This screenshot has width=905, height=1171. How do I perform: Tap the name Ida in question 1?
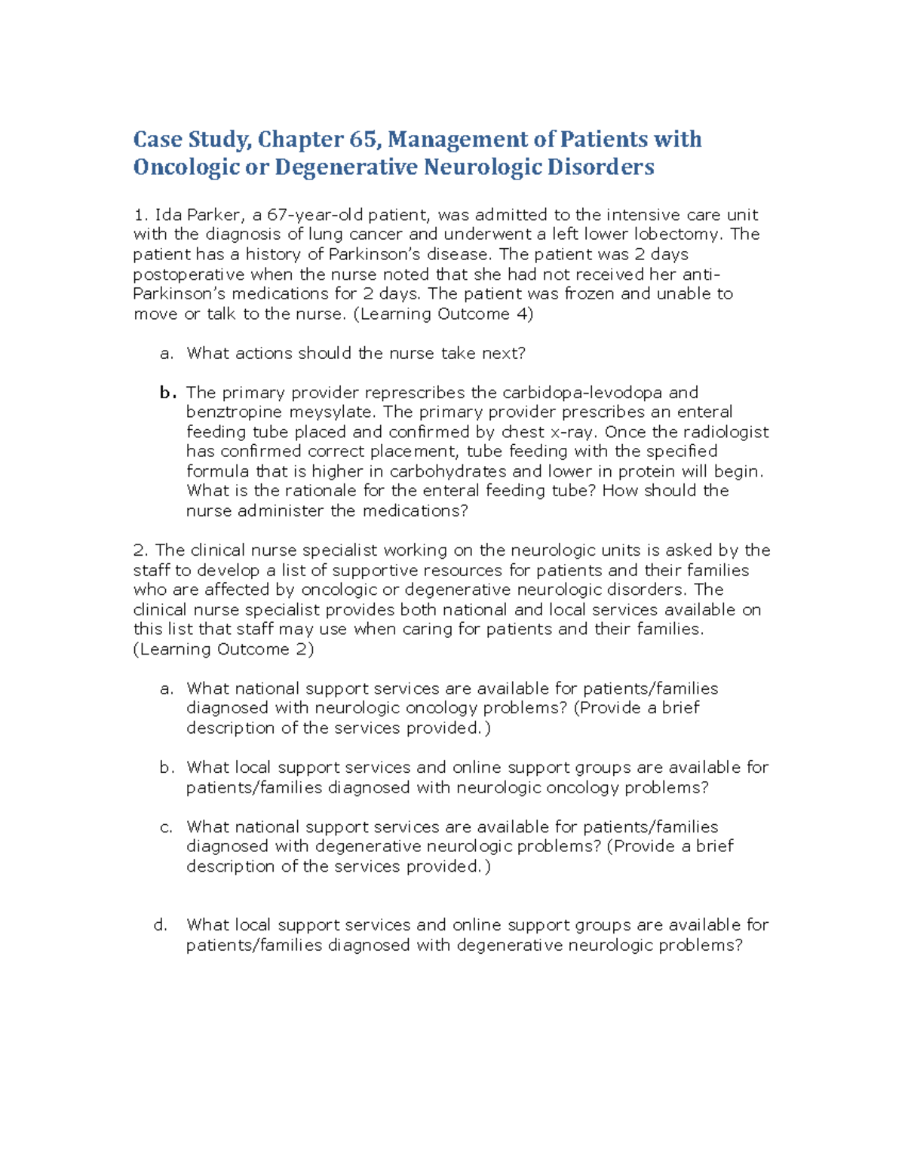[x=164, y=215]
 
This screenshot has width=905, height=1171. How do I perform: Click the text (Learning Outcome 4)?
[x=443, y=314]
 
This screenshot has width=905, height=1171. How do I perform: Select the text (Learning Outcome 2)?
[x=223, y=649]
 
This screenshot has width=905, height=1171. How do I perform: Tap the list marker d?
[x=161, y=925]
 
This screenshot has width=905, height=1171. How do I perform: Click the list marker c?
[x=167, y=827]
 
